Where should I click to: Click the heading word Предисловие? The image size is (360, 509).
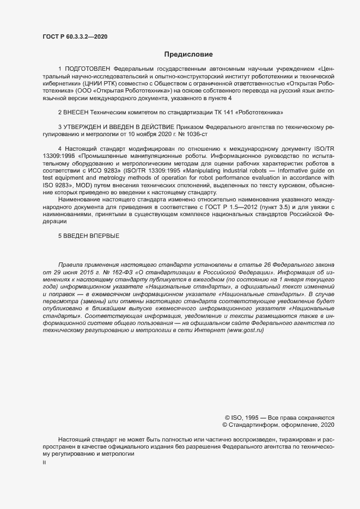pyautogui.click(x=189, y=54)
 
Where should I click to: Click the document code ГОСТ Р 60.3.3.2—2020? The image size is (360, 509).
pyautogui.click(x=75, y=37)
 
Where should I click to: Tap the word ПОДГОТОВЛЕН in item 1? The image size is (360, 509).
pyautogui.click(x=88, y=69)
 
